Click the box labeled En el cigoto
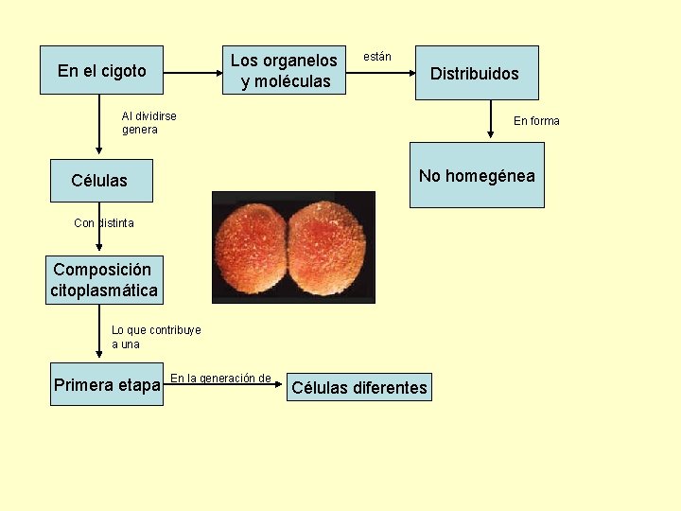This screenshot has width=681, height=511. tap(101, 70)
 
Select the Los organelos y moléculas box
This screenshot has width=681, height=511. tap(284, 71)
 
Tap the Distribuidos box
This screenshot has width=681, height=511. tap(478, 73)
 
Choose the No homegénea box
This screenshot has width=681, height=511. tap(477, 175)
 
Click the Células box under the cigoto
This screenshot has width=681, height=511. tap(99, 180)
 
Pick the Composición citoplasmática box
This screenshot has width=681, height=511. tap(104, 280)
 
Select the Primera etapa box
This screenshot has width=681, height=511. tap(106, 385)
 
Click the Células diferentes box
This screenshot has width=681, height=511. tap(359, 387)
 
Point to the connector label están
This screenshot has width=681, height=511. tap(377, 57)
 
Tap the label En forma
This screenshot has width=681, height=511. tap(536, 120)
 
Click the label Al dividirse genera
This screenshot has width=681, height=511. tap(149, 123)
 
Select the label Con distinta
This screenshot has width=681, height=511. tap(104, 223)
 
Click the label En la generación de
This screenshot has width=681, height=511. tap(220, 379)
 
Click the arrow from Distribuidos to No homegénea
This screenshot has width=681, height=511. tap(490, 121)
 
